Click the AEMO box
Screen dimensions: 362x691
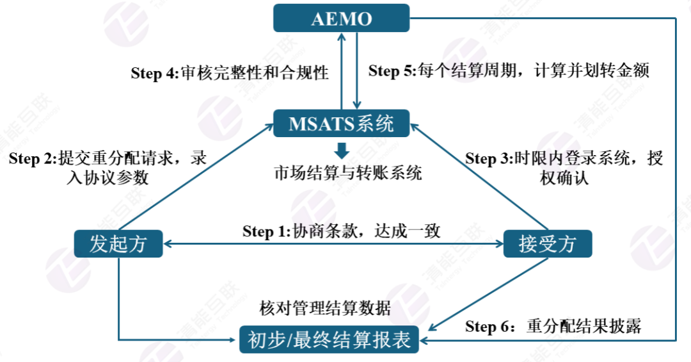click(341, 18)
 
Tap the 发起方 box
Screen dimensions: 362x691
click(118, 244)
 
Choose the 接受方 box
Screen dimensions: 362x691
click(547, 244)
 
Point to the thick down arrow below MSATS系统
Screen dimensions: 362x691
click(342, 151)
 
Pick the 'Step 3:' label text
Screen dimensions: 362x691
click(489, 158)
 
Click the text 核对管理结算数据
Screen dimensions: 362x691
click(325, 308)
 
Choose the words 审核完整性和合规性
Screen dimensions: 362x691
click(255, 73)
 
